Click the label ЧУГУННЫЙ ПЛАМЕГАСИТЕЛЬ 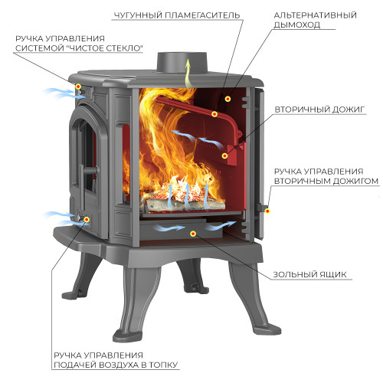(177, 15)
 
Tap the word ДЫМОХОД (297, 25)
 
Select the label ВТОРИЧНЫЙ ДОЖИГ (319, 110)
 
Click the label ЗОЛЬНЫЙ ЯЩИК (309, 274)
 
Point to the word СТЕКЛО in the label (123, 48)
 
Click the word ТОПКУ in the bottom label (163, 365)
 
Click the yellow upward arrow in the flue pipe (188, 73)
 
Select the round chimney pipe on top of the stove (182, 63)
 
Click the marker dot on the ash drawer (193, 234)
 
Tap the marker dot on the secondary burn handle (267, 211)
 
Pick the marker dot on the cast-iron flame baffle (214, 114)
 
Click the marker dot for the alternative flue (228, 99)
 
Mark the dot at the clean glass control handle (78, 87)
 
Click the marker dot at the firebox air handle (87, 219)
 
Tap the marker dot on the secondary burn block (224, 155)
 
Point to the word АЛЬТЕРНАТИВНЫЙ (315, 15)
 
